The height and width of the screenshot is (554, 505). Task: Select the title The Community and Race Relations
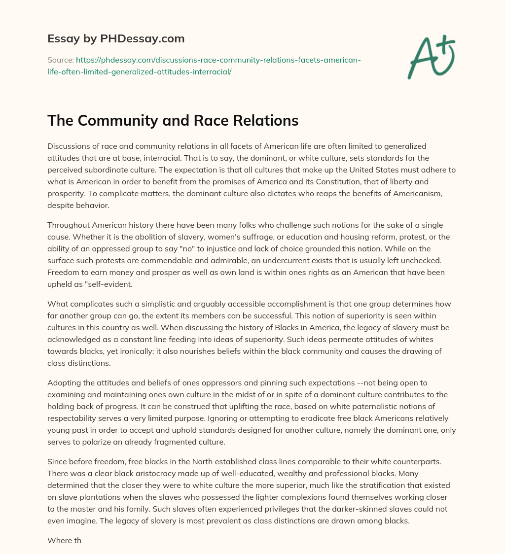[x=173, y=120]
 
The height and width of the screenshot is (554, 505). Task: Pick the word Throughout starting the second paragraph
[x=69, y=225]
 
